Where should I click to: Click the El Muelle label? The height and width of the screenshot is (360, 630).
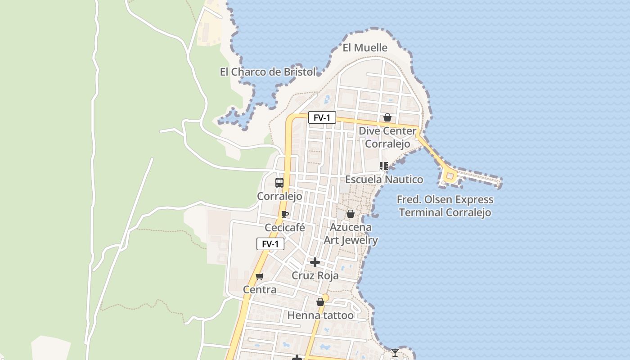[365, 48]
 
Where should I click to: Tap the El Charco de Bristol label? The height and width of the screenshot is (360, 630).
[267, 72]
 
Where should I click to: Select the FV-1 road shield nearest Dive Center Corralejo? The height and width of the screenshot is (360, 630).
[322, 118]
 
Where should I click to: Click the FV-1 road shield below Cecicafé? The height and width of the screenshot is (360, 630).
[270, 244]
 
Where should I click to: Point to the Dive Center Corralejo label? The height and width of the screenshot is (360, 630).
[387, 137]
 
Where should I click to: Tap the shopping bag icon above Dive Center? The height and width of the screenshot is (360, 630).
[387, 118]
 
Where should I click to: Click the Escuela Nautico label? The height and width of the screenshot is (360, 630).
[384, 180]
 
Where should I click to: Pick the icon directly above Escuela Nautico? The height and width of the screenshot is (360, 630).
[383, 166]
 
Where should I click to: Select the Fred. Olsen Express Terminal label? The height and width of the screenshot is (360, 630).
[445, 206]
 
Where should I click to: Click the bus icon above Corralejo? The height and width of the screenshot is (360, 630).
[279, 183]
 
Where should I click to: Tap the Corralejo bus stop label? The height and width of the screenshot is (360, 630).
[279, 197]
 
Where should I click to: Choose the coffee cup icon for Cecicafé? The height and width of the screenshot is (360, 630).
[284, 214]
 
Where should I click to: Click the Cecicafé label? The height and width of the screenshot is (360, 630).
[284, 228]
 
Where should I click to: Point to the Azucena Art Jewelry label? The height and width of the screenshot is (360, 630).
[351, 234]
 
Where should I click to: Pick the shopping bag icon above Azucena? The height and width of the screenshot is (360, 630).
[351, 214]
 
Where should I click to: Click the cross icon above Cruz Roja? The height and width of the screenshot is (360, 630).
[315, 262]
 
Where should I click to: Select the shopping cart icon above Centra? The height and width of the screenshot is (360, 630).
[259, 276]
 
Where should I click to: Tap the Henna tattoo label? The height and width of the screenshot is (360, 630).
[320, 315]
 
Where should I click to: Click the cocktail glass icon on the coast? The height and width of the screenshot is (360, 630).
[395, 352]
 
